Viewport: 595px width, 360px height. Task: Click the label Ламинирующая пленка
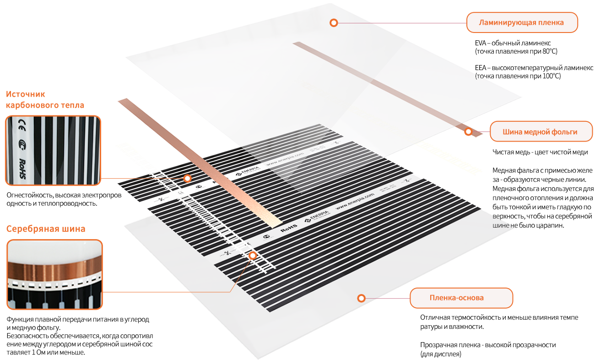pyautogui.click(x=521, y=22)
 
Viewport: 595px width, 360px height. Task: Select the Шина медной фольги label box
pyautogui.click(x=540, y=132)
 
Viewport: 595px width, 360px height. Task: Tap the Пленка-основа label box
pyautogui.click(x=461, y=298)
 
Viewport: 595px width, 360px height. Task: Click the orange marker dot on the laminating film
pyautogui.click(x=334, y=22)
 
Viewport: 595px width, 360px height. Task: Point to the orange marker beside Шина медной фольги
pyautogui.click(x=468, y=132)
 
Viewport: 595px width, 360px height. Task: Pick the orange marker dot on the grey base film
pyautogui.click(x=361, y=298)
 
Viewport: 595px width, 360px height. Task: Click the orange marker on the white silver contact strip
pyautogui.click(x=252, y=256)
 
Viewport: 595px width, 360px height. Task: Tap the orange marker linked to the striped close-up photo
pyautogui.click(x=187, y=178)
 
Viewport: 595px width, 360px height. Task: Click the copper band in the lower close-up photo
pyautogui.click(x=54, y=270)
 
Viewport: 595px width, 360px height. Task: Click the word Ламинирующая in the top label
pyautogui.click(x=507, y=22)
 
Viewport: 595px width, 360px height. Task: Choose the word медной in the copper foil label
pyautogui.click(x=538, y=132)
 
